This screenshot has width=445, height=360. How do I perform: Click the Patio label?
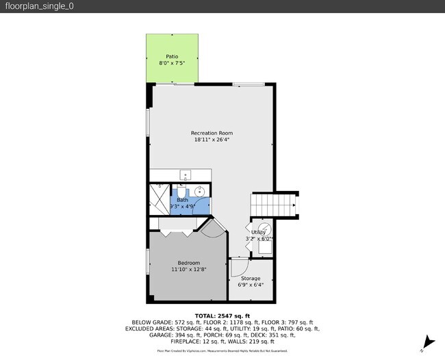tap(173, 57)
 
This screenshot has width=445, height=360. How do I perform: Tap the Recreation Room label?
tap(212, 133)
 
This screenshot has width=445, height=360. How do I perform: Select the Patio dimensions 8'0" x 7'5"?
tap(173, 64)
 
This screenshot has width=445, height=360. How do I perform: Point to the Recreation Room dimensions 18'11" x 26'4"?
tap(212, 140)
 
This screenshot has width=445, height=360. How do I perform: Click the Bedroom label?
tap(189, 263)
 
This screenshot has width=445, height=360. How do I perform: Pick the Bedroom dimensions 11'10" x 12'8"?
tap(189, 270)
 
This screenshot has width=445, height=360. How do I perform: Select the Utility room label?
tap(258, 233)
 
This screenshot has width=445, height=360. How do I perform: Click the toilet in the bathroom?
tap(181, 188)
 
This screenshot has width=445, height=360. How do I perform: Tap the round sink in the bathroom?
tap(200, 192)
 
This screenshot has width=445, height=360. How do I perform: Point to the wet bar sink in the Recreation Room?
tap(185, 175)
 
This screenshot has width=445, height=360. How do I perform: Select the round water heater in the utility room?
tap(264, 229)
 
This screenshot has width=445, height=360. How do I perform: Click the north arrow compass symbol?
tap(429, 342)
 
